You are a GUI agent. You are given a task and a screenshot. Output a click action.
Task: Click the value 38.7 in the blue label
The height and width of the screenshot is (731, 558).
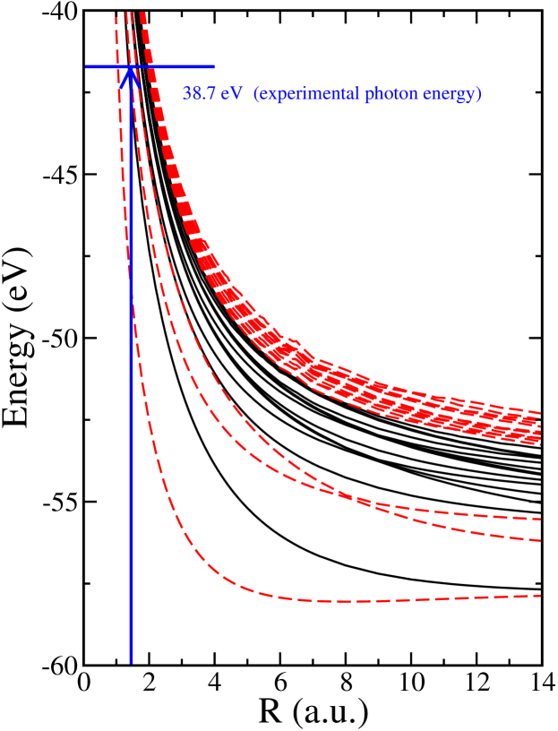coord(200,93)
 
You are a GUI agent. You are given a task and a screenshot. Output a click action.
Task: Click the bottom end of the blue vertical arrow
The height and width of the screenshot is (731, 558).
coord(131,663)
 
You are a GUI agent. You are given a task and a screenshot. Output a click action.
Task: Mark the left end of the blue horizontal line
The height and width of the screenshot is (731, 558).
coord(87,66)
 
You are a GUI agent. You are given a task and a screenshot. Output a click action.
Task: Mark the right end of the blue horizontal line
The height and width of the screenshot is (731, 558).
coord(214,66)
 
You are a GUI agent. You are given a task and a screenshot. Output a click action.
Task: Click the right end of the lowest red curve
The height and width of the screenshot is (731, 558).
coord(540,595)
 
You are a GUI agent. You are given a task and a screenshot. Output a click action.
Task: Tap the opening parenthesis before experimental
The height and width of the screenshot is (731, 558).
coord(256,93)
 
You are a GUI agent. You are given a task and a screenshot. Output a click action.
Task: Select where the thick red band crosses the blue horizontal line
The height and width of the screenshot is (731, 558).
coord(150,66)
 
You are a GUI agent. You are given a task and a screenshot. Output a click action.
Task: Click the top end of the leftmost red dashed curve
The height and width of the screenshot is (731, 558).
coord(116,14)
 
